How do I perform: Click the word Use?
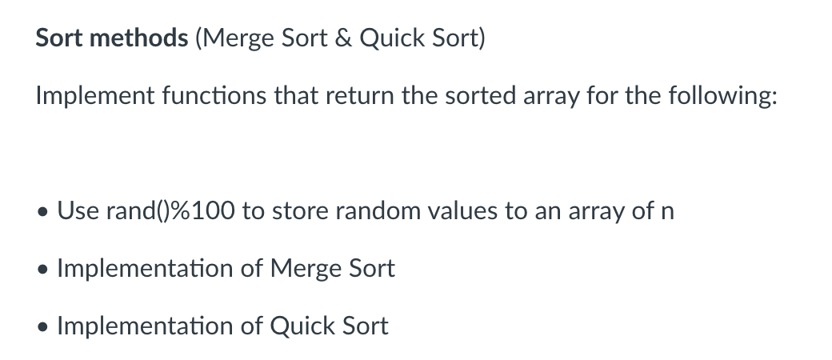tap(78, 211)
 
